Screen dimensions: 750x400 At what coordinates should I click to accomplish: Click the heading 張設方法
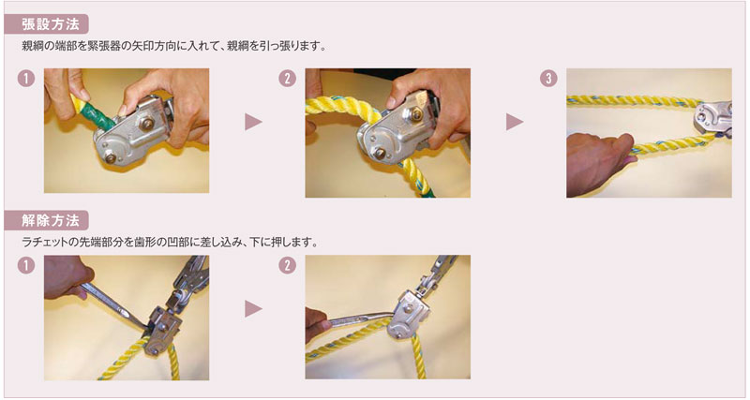pyautogui.click(x=50, y=24)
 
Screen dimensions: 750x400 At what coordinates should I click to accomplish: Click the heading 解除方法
pyautogui.click(x=50, y=220)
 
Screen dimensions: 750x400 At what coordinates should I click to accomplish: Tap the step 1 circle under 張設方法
pyautogui.click(x=26, y=79)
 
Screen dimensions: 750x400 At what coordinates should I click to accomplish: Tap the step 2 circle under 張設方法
pyautogui.click(x=287, y=79)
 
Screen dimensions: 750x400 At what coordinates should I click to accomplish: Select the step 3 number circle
pyautogui.click(x=548, y=79)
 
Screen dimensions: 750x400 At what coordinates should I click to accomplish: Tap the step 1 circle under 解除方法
pyautogui.click(x=26, y=265)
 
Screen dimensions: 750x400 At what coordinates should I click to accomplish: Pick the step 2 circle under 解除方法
pyautogui.click(x=287, y=265)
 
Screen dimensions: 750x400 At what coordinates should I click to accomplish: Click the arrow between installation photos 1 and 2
pyautogui.click(x=253, y=122)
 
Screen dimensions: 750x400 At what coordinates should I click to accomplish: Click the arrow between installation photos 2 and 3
pyautogui.click(x=515, y=122)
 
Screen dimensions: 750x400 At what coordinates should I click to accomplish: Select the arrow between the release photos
pyautogui.click(x=253, y=309)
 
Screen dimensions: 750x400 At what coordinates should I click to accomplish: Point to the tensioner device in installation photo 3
pyautogui.click(x=712, y=118)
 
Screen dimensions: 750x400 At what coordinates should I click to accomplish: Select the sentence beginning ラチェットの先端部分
pyautogui.click(x=170, y=243)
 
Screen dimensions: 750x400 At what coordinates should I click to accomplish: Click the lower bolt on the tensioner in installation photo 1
pyautogui.click(x=110, y=157)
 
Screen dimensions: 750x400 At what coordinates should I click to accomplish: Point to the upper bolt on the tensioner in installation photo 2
pyautogui.click(x=416, y=114)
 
